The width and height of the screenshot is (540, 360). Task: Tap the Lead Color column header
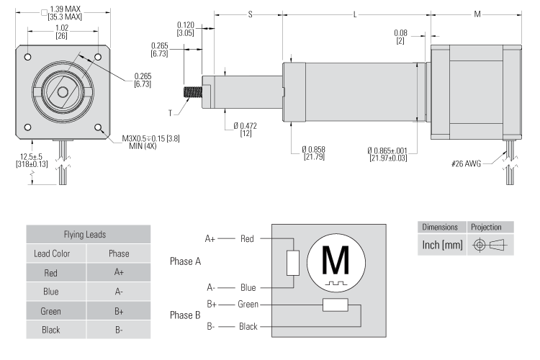(56, 255)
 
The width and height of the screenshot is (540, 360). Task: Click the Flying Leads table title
(88, 235)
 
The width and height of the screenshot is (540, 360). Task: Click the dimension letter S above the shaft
(249, 15)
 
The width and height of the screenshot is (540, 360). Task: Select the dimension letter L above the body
(356, 15)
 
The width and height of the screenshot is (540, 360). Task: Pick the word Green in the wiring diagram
(248, 304)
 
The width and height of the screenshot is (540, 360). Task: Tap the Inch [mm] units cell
(440, 245)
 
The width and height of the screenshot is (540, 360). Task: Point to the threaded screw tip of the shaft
(193, 93)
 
